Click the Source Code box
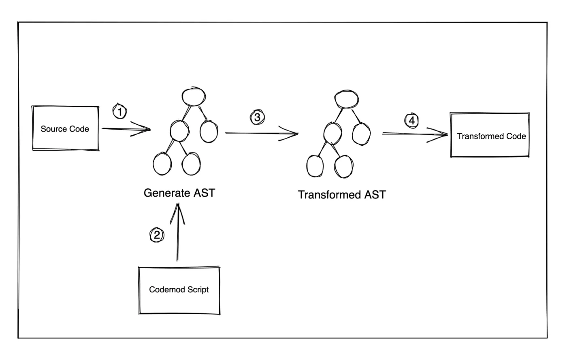65,128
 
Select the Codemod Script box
179,290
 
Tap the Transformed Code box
490,136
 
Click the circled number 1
119,111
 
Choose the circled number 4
411,120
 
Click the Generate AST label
179,193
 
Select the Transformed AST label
342,195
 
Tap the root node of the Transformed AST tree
347,98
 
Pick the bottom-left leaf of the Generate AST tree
162,164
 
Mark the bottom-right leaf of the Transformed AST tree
343,166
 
